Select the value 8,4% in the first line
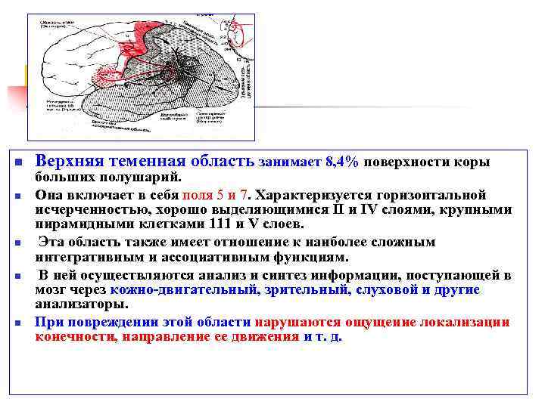pos(342,162)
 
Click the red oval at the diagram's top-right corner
pos(238,33)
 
